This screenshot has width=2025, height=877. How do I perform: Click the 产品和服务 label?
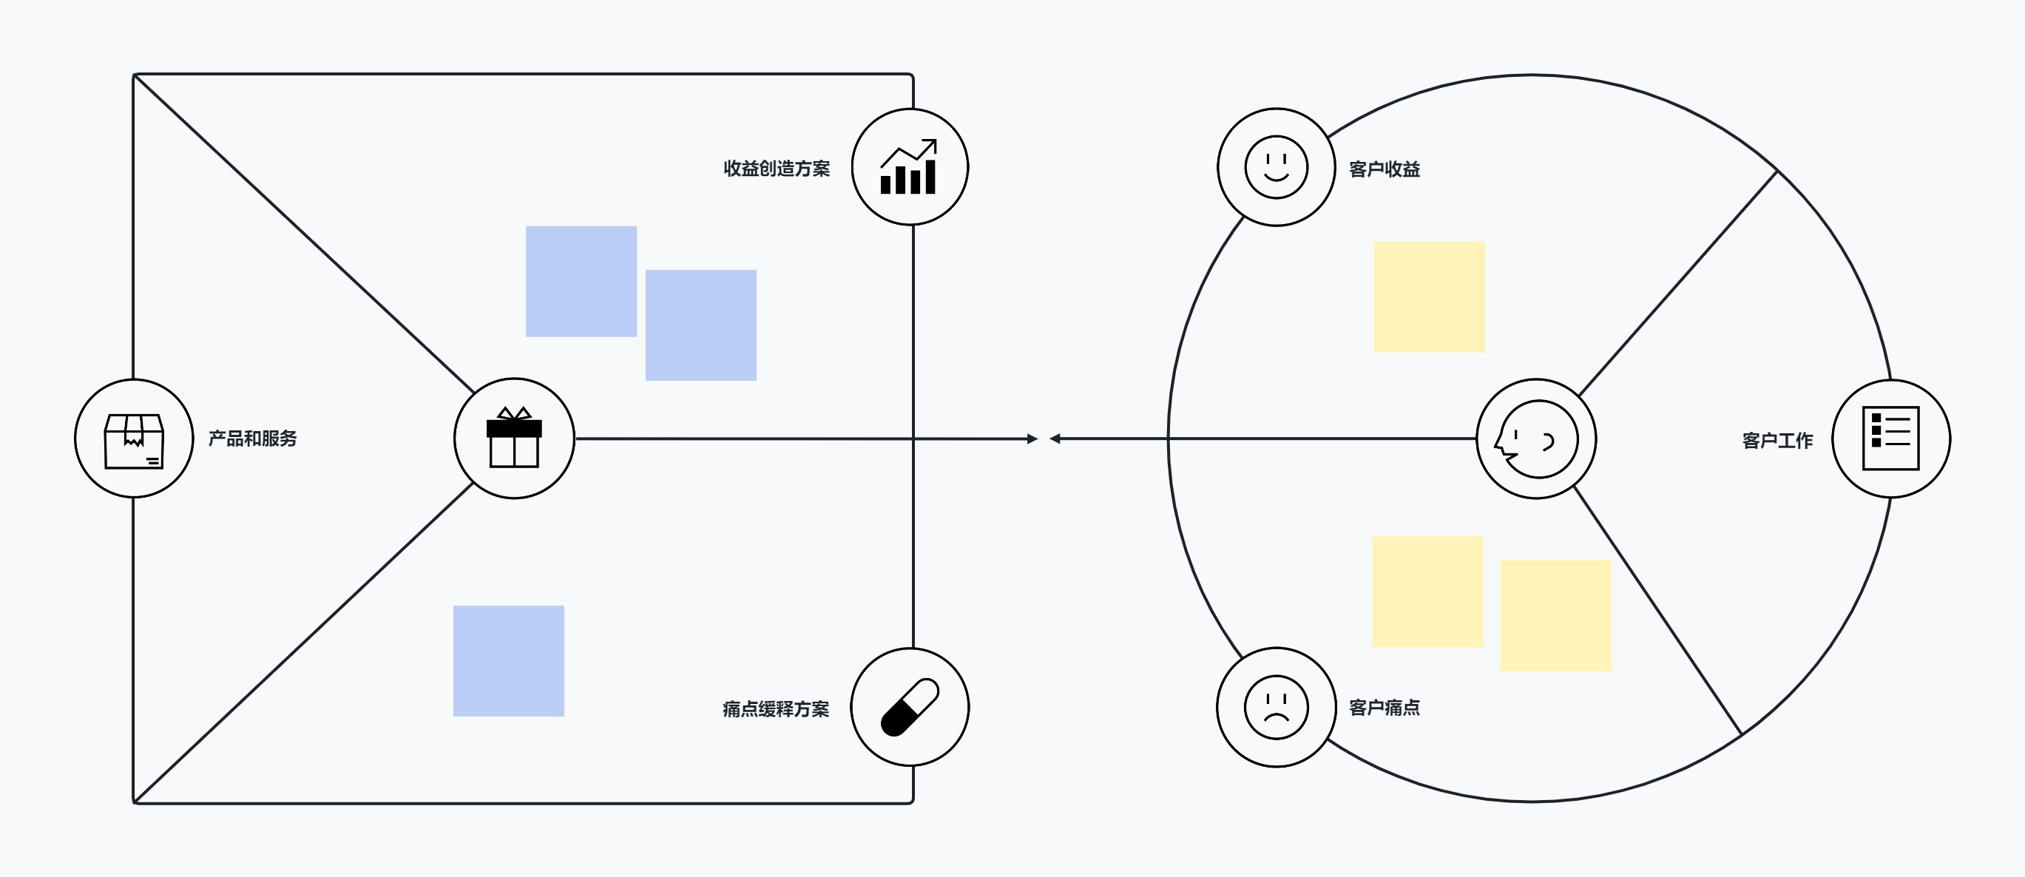pyautogui.click(x=252, y=438)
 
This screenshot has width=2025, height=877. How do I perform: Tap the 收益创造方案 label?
pyautogui.click(x=777, y=169)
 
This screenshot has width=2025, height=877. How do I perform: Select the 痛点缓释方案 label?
pyautogui.click(x=776, y=709)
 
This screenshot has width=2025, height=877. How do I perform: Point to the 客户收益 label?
pyautogui.click(x=1385, y=169)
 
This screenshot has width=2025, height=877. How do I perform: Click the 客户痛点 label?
pyautogui.click(x=1385, y=707)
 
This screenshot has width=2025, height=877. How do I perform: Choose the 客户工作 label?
pyautogui.click(x=1777, y=441)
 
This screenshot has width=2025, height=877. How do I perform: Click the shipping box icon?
pyautogui.click(x=135, y=441)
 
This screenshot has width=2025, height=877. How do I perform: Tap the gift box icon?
pyautogui.click(x=514, y=437)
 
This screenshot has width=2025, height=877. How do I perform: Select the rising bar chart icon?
pyautogui.click(x=909, y=166)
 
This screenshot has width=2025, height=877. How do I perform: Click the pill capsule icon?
pyautogui.click(x=910, y=707)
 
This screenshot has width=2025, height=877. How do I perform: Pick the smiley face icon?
pyautogui.click(x=1277, y=167)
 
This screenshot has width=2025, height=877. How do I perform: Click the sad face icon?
pyautogui.click(x=1277, y=707)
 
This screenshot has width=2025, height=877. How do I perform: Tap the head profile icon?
pyautogui.click(x=1536, y=439)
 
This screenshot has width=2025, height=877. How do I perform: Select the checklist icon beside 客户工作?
pyautogui.click(x=1891, y=438)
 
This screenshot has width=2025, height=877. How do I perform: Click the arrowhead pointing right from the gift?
pyautogui.click(x=1032, y=438)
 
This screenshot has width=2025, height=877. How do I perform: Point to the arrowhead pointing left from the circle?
pyautogui.click(x=1055, y=438)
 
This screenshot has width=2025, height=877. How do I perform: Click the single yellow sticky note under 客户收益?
pyautogui.click(x=1429, y=297)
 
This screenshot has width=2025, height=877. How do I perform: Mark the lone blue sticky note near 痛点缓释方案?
pyautogui.click(x=509, y=661)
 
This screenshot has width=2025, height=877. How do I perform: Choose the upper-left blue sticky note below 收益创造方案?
pyautogui.click(x=581, y=281)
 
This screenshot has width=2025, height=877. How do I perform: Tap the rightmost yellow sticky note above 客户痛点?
pyautogui.click(x=1555, y=616)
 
